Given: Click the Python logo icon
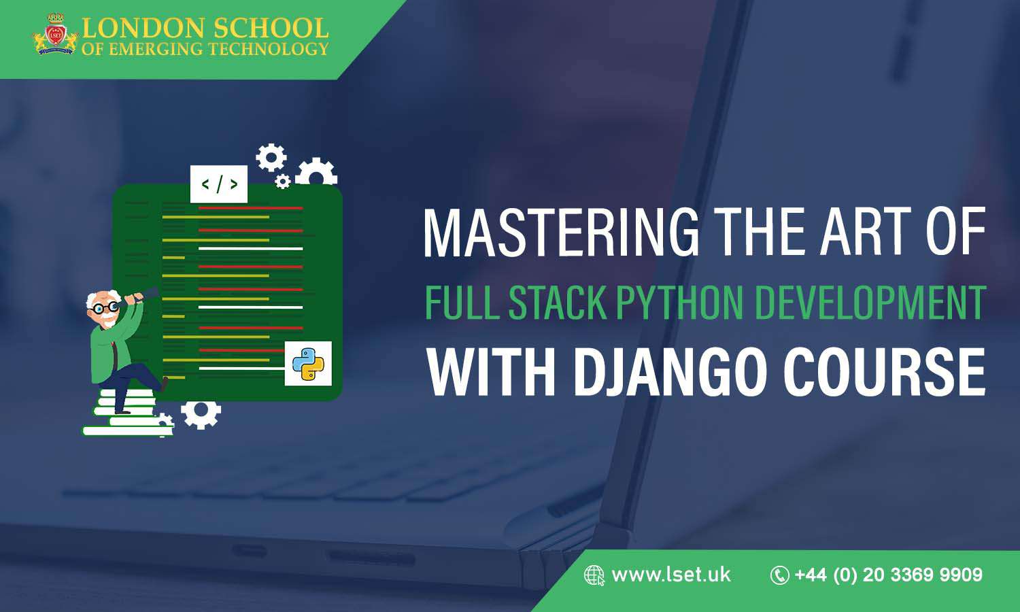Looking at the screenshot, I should [x=308, y=363].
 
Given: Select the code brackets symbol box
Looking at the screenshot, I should [x=219, y=184].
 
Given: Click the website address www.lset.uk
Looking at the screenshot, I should [x=671, y=575].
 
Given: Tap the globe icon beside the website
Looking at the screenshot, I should [x=594, y=575].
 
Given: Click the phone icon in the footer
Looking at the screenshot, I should [x=779, y=575].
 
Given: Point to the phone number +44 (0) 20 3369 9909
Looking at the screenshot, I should [x=888, y=575].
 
